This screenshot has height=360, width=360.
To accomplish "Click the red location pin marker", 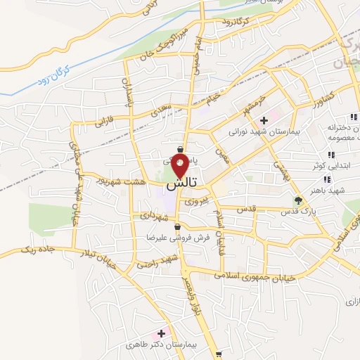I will click(x=180, y=167).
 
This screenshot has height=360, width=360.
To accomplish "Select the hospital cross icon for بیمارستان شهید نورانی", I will click(x=264, y=121).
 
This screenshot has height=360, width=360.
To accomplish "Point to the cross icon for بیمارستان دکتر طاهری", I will click(x=162, y=333).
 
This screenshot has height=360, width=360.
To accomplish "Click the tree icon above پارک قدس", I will click(x=297, y=200).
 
